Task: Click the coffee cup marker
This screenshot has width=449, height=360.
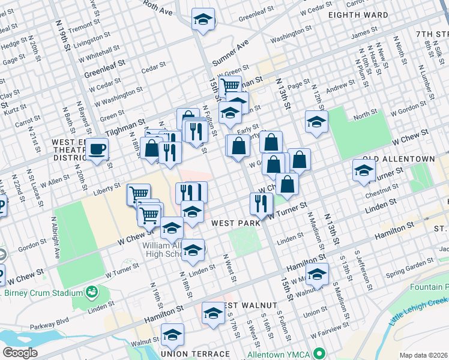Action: tap(97, 149)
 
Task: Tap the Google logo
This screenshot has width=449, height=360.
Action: tap(20, 353)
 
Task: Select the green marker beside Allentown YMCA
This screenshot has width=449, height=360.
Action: tap(320, 353)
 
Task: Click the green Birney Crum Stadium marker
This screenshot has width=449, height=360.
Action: tap(92, 292)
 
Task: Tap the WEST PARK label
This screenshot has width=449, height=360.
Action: tap(235, 223)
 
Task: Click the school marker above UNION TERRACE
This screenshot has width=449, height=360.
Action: tap(172, 334)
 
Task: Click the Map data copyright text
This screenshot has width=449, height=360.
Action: tap(424, 355)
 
